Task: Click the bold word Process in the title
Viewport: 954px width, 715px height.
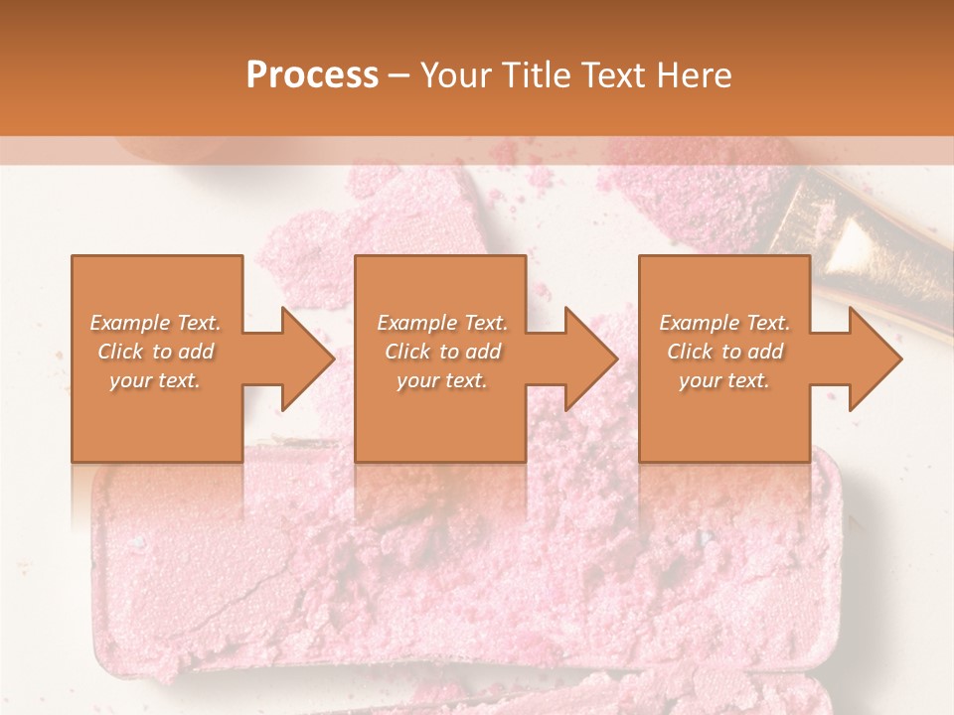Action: [312, 75]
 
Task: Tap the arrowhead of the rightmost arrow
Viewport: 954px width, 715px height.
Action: [874, 358]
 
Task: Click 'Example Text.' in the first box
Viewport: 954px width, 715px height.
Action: [155, 323]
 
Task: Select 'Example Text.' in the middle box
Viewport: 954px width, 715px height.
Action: [442, 323]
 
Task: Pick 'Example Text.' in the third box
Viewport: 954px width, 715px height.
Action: [724, 323]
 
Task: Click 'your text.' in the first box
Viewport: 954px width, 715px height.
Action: [155, 380]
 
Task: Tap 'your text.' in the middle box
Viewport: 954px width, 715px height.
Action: [442, 380]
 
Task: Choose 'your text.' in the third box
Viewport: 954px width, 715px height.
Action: [724, 380]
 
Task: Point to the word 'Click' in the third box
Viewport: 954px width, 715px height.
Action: [690, 352]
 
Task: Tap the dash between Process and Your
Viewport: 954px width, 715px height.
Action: [398, 76]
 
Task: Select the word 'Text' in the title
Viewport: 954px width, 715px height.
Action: [608, 75]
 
